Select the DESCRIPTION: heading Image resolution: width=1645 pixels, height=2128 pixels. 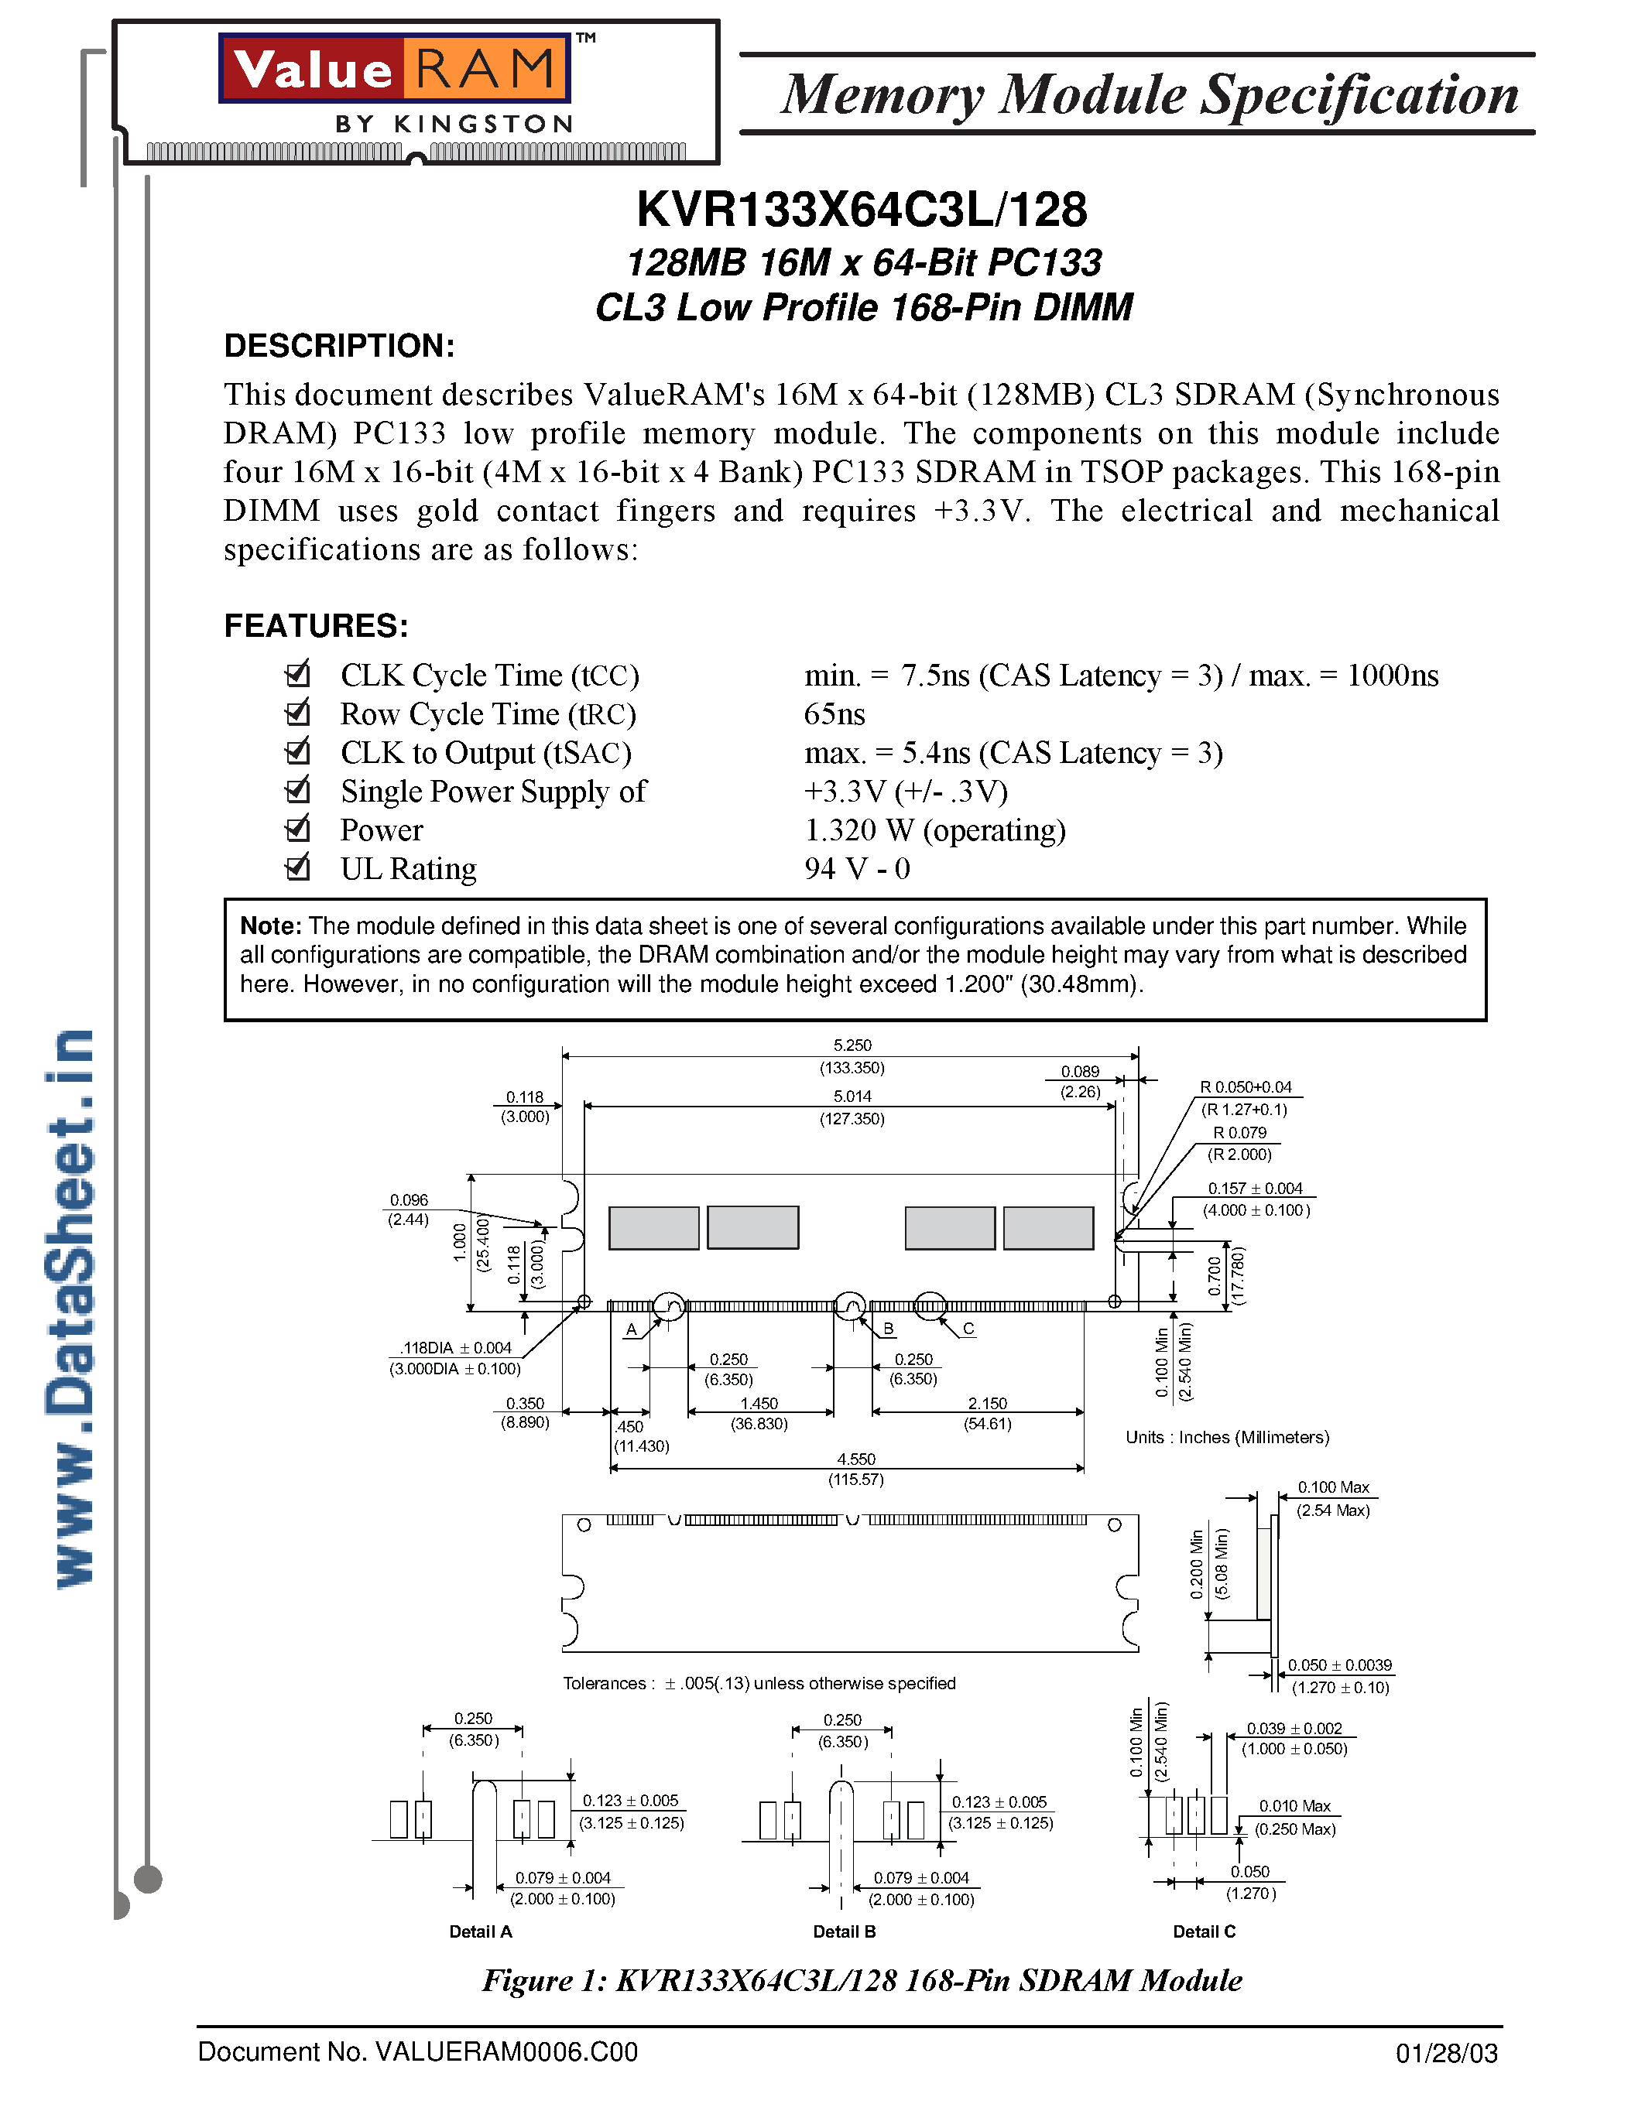tap(339, 346)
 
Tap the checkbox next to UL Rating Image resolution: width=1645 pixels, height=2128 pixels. tap(297, 867)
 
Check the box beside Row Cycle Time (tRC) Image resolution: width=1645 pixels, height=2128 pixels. tap(297, 713)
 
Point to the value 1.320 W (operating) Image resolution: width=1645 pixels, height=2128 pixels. tap(934, 830)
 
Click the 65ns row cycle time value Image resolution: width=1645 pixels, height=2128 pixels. tap(834, 714)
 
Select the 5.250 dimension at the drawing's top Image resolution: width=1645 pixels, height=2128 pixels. tap(852, 1045)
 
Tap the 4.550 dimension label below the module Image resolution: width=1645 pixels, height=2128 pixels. tap(855, 1459)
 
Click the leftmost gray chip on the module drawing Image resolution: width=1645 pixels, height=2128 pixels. tap(653, 1228)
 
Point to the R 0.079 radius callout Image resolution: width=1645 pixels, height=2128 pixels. tap(1239, 1132)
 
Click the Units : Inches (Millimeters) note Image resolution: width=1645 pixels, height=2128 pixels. tap(1226, 1437)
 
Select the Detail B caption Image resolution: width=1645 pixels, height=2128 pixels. tap(844, 1931)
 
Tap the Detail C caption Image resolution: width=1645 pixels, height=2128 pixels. tap(1204, 1931)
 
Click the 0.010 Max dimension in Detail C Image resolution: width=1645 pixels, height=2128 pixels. tap(1294, 1805)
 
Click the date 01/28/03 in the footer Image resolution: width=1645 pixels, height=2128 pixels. tap(1446, 2054)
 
